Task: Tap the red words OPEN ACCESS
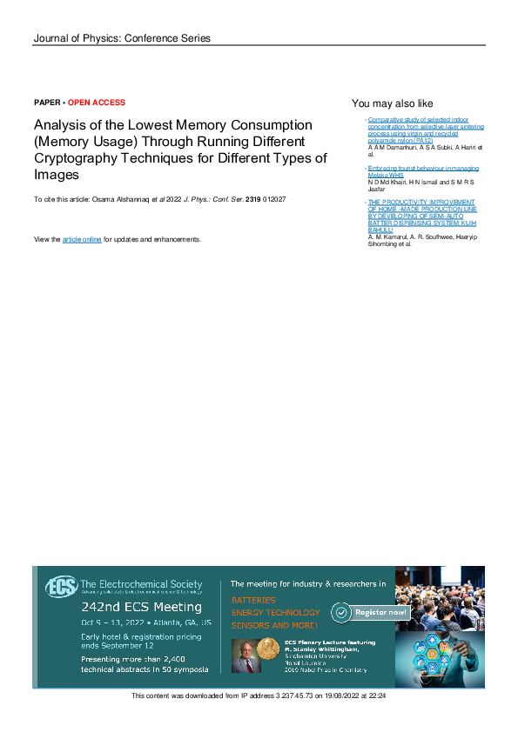point(97,103)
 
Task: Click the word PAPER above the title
point(47,103)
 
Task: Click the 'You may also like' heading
point(392,103)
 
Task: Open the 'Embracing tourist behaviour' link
point(411,168)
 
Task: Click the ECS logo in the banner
point(60,587)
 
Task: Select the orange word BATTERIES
point(253,600)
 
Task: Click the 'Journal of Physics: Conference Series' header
point(122,38)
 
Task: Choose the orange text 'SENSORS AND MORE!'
point(273,625)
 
